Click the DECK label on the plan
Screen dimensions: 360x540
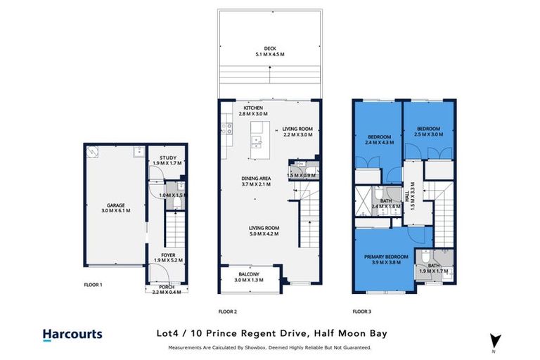270,49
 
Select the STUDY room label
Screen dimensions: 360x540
167,157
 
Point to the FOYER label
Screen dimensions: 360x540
168,255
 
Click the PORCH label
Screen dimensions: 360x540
167,286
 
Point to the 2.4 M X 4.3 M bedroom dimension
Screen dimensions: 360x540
380,141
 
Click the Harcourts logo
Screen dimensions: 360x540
72,335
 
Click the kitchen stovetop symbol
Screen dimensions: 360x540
228,128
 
